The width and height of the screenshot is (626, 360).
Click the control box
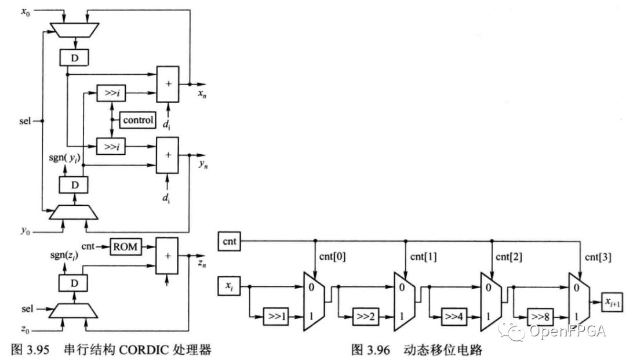pyautogui.click(x=137, y=121)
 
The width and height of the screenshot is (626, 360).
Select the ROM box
pyautogui.click(x=125, y=246)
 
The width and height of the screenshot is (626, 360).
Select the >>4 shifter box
pyautogui.click(x=456, y=318)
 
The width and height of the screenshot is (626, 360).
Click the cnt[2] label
pyautogui.click(x=509, y=256)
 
